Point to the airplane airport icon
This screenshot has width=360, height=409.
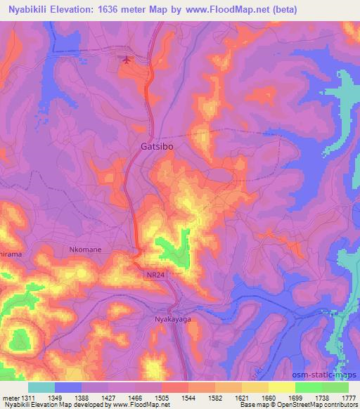(127, 60)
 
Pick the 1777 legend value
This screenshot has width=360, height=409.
(348, 398)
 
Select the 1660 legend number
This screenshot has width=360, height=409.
(266, 398)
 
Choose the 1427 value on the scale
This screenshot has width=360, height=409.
(108, 398)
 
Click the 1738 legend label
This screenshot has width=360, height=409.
(321, 398)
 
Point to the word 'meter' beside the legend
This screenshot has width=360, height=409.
(8, 398)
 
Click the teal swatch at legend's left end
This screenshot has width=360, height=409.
(41, 387)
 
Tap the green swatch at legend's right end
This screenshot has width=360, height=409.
(335, 387)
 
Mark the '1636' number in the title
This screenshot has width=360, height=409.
(103, 10)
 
